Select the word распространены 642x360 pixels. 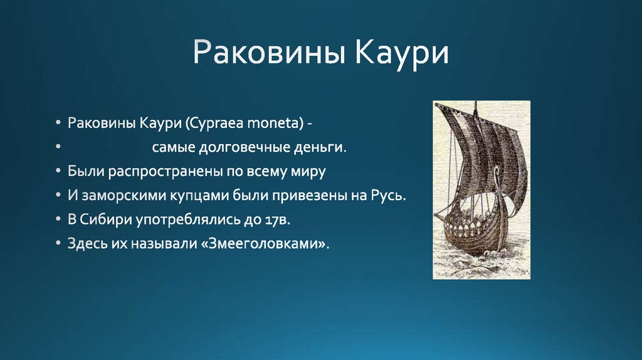click(164, 171)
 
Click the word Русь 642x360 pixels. click(389, 195)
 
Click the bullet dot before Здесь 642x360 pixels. click(58, 243)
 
